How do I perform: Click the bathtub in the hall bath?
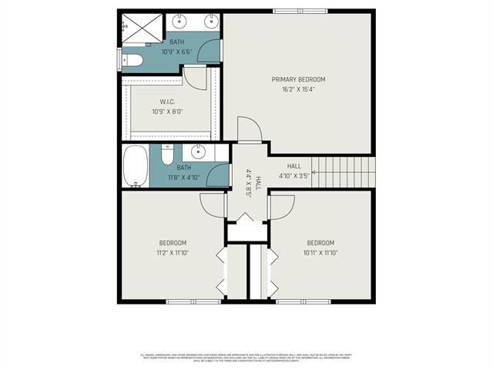pos(136,166)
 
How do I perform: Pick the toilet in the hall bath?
pos(167,155)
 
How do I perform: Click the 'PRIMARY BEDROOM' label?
pos(299,79)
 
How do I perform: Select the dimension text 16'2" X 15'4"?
pos(299,90)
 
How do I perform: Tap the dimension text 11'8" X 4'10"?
pos(184,176)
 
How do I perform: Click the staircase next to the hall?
pos(346,168)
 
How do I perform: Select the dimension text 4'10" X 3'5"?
pos(294,176)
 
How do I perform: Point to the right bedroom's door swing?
pos(282,205)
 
